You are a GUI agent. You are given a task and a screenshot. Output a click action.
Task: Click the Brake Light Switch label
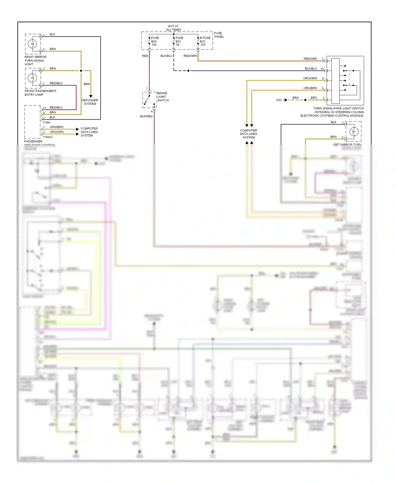click(163, 97)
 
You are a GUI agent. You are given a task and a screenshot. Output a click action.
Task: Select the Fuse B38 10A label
click(155, 41)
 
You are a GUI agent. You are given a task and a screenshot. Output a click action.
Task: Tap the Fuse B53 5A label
click(179, 41)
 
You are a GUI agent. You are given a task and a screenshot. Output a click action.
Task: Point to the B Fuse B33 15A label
click(205, 41)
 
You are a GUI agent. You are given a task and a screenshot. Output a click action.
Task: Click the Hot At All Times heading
click(173, 28)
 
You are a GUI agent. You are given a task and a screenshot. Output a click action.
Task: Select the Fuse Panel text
click(219, 35)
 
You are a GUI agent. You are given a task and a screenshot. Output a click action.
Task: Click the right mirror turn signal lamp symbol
click(32, 44)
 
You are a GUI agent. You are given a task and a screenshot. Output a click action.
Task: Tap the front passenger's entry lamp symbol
click(32, 78)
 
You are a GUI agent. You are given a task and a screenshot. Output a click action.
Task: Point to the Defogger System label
click(90, 102)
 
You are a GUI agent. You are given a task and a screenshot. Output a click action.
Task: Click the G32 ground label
click(279, 100)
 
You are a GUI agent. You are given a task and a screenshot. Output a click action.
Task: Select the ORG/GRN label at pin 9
click(310, 78)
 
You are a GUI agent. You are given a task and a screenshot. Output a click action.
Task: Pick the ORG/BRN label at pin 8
click(310, 88)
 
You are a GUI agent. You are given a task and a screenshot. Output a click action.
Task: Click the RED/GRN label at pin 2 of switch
click(310, 59)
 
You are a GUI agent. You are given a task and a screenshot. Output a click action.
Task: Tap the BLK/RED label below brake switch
click(146, 116)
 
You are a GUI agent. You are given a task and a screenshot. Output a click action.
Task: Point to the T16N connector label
click(46, 123)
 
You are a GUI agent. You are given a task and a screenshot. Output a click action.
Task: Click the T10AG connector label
click(48, 137)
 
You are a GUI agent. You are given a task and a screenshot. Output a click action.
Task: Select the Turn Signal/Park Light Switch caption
click(332, 112)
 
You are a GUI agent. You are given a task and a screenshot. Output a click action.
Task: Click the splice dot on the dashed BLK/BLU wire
click(188, 71)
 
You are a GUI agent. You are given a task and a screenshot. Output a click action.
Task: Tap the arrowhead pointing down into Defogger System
click(91, 96)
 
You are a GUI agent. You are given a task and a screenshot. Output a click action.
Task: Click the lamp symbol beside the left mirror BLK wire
click(354, 131)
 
